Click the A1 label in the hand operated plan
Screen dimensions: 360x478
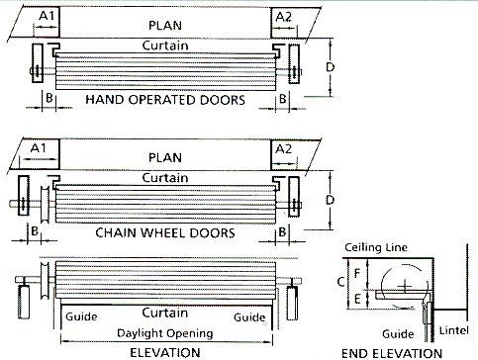46,17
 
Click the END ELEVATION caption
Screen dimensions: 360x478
391,352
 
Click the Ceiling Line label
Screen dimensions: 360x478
372,246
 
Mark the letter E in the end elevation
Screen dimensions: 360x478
359,295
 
